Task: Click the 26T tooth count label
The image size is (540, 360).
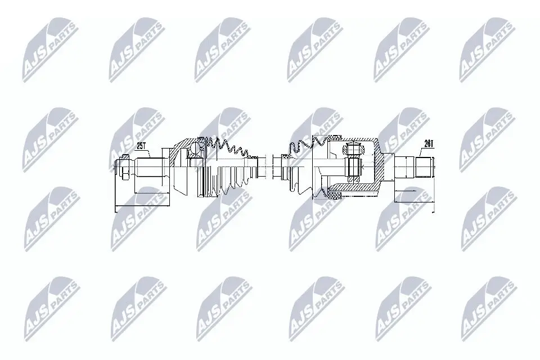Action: tap(429, 144)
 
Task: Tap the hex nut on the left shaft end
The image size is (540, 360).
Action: tap(124, 167)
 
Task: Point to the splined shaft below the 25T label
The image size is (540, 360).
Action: tap(148, 167)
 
